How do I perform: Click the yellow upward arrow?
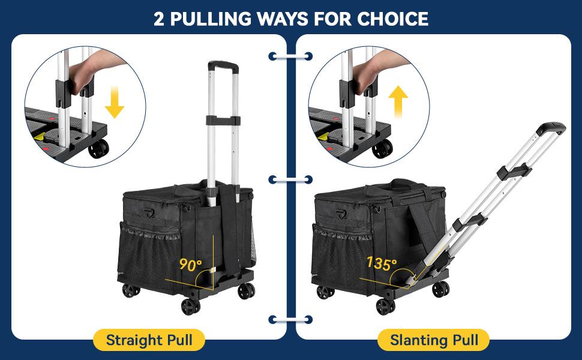point(398,101)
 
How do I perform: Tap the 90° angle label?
point(190,264)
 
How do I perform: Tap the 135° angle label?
point(381,263)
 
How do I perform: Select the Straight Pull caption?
point(149,340)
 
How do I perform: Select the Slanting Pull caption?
point(434,340)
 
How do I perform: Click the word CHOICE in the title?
point(393,19)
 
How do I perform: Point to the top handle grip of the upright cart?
point(223,66)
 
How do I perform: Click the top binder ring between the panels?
point(290,56)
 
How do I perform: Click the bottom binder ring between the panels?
point(290,320)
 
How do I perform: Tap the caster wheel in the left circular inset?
point(98,148)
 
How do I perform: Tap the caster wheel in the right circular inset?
point(382,148)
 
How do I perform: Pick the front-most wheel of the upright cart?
point(190,306)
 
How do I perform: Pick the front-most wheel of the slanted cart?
point(385,306)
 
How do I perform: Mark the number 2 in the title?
point(159,19)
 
